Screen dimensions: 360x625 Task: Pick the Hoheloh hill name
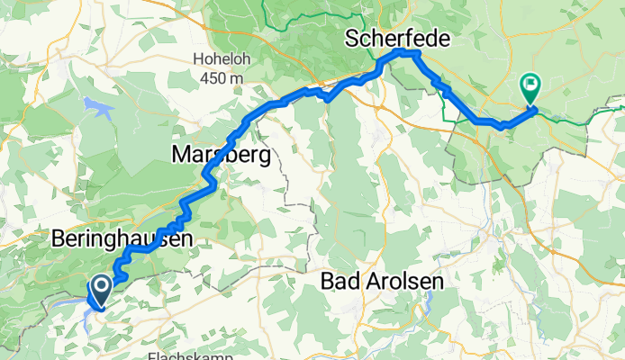[217, 60]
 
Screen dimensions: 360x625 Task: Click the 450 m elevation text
[217, 78]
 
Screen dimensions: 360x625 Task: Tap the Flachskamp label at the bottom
[186, 355]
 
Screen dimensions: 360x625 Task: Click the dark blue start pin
[100, 289]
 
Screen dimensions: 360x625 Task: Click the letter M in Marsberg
[179, 156]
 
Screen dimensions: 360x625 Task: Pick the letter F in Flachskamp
[150, 355]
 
